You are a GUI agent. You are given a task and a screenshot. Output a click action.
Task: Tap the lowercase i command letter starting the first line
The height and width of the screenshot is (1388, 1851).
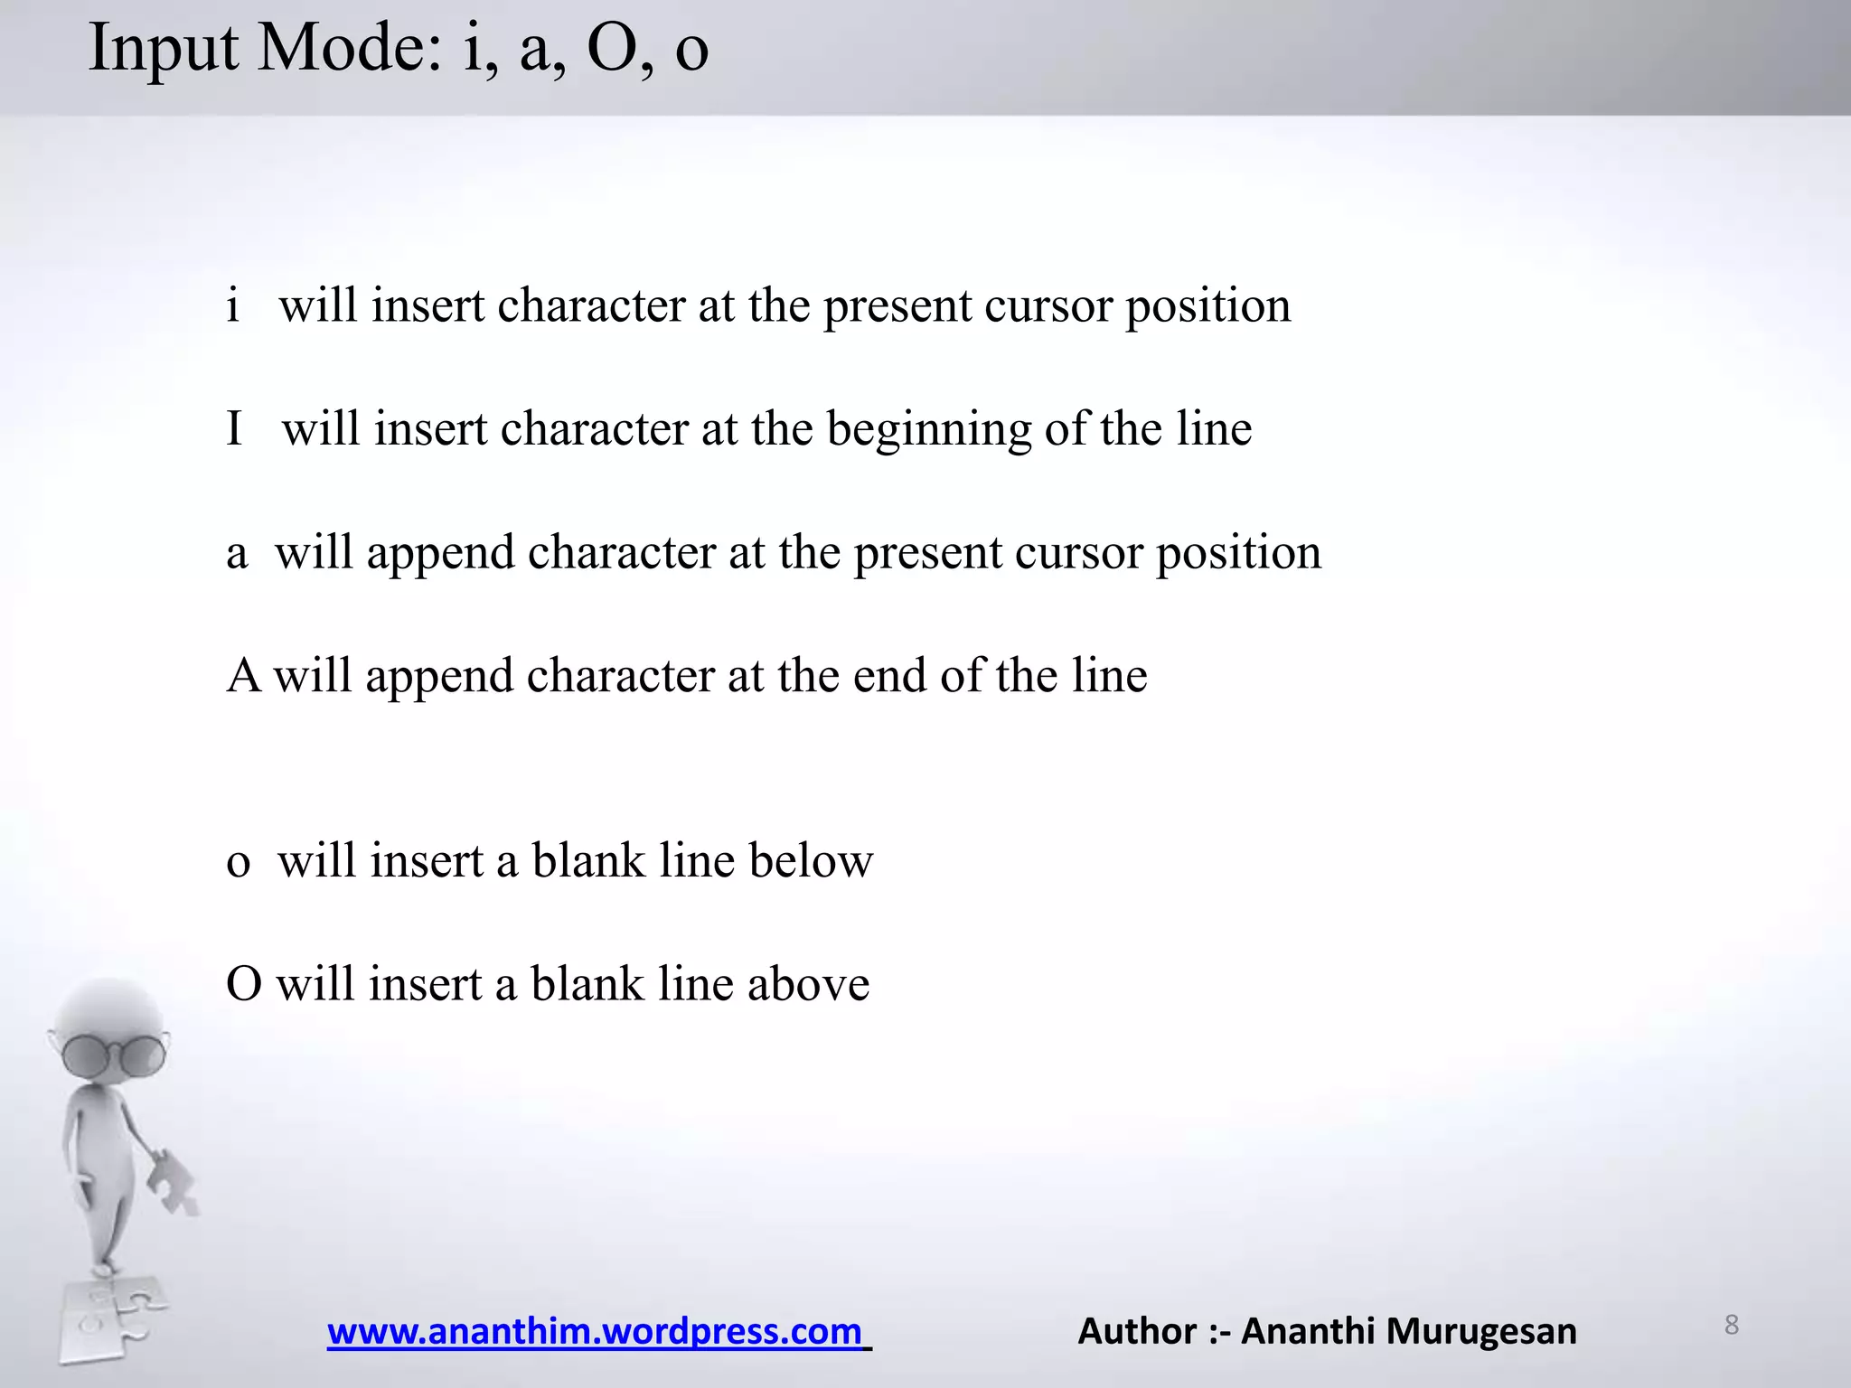pos(233,305)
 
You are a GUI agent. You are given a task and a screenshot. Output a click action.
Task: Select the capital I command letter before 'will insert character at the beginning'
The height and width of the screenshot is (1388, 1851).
pos(235,428)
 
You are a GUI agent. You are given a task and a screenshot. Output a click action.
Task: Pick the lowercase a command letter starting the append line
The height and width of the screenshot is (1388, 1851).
pos(237,553)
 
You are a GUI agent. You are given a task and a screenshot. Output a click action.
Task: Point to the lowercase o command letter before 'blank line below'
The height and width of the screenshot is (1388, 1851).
pos(239,861)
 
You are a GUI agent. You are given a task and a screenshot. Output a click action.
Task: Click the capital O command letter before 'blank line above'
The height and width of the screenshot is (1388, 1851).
pos(244,983)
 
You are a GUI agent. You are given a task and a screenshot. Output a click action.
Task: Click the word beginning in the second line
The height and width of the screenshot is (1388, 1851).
pos(929,430)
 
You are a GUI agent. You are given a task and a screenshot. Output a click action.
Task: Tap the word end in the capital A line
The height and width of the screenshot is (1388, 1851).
pos(889,675)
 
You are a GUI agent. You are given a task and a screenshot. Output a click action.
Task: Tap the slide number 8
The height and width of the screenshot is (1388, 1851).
pos(1731,1325)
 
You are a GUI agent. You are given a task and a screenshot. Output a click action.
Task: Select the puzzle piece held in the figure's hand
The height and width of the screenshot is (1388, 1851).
pos(173,1180)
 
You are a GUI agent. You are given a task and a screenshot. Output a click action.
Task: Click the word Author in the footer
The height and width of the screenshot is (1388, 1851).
pos(1137,1331)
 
